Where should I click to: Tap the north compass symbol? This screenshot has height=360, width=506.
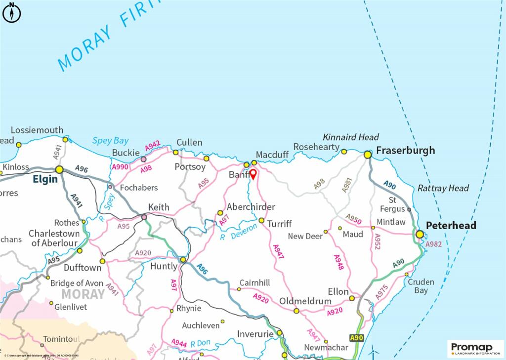pyautogui.click(x=11, y=12)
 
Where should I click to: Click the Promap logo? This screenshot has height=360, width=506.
pyautogui.click(x=475, y=348)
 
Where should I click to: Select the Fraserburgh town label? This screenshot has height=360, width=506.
pyautogui.click(x=405, y=150)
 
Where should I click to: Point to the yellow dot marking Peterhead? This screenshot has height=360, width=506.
pyautogui.click(x=420, y=234)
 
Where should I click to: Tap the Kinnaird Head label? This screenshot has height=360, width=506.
pyautogui.click(x=351, y=137)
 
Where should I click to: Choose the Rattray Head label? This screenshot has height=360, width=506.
pyautogui.click(x=443, y=188)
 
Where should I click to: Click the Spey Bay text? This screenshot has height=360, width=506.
pyautogui.click(x=110, y=141)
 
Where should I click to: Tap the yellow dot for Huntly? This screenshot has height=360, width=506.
pyautogui.click(x=183, y=259)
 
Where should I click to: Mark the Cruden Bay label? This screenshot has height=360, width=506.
pyautogui.click(x=421, y=286)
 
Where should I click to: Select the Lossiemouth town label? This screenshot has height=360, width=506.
pyautogui.click(x=37, y=130)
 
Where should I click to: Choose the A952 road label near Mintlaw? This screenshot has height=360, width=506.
pyautogui.click(x=377, y=241)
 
